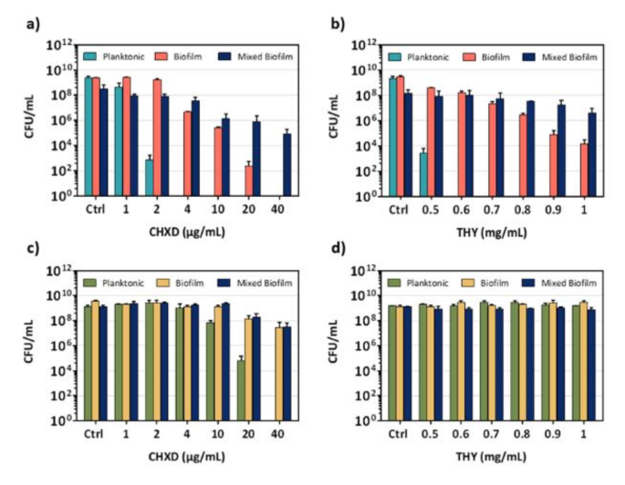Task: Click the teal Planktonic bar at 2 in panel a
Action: [149, 178]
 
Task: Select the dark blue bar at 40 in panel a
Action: [286, 165]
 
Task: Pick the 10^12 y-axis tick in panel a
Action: [61, 44]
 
